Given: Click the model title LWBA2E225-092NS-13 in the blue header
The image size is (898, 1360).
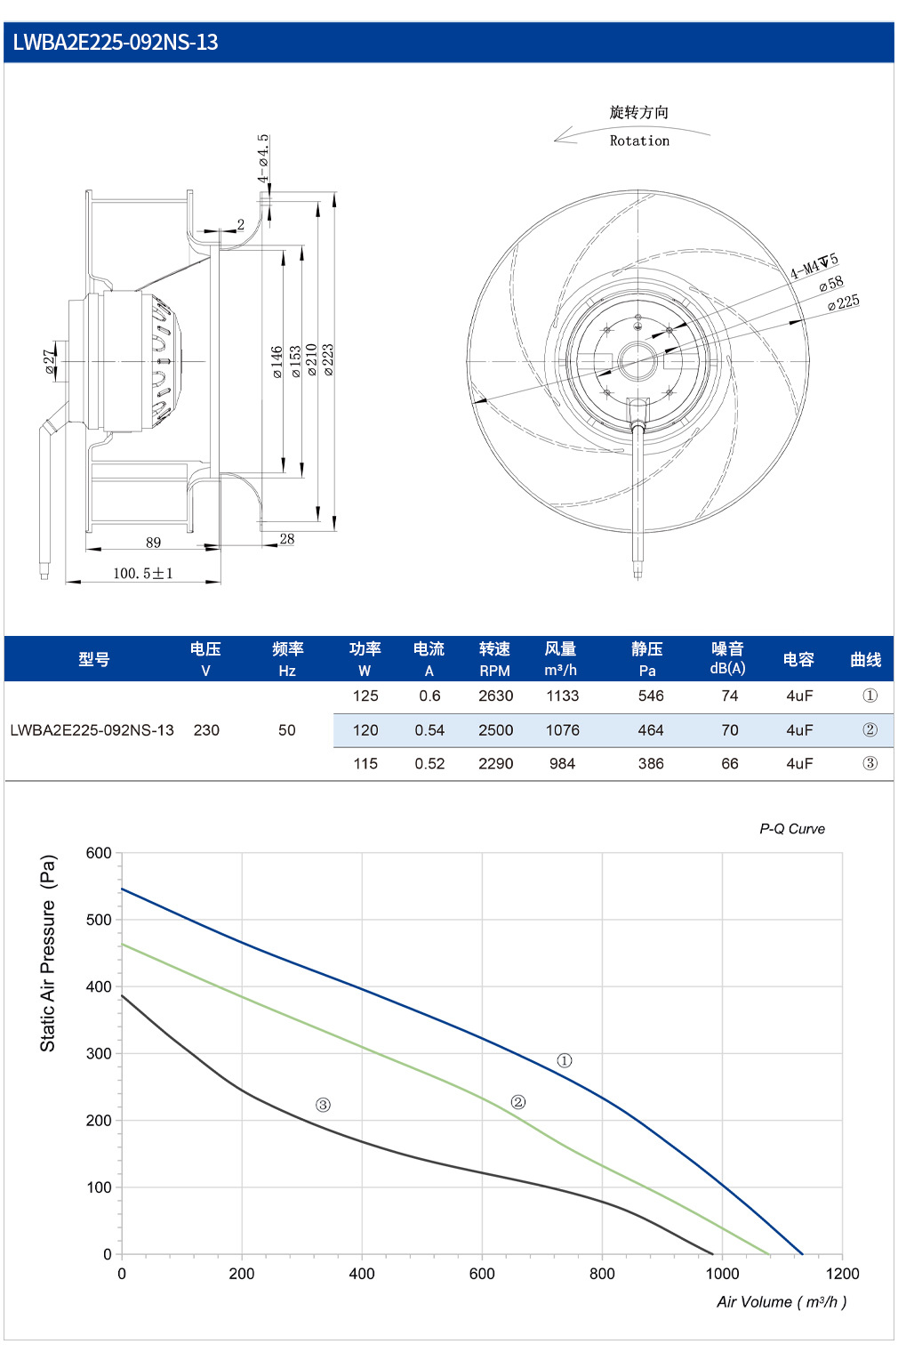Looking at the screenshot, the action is pyautogui.click(x=116, y=42).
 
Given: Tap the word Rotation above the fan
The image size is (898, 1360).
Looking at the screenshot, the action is pyautogui.click(x=639, y=141).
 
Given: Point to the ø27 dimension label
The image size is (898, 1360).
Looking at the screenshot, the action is pyautogui.click(x=50, y=361).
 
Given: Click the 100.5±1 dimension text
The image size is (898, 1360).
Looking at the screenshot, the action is pyautogui.click(x=143, y=573).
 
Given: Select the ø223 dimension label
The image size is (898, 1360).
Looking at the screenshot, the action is pyautogui.click(x=328, y=359).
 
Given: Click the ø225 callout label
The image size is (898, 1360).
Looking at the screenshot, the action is pyautogui.click(x=844, y=302).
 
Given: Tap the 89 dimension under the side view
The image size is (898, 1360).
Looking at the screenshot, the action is pyautogui.click(x=154, y=543).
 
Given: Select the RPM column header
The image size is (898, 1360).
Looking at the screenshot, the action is pyautogui.click(x=494, y=671).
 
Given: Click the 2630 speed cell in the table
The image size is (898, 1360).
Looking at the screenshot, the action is pyautogui.click(x=496, y=696).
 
